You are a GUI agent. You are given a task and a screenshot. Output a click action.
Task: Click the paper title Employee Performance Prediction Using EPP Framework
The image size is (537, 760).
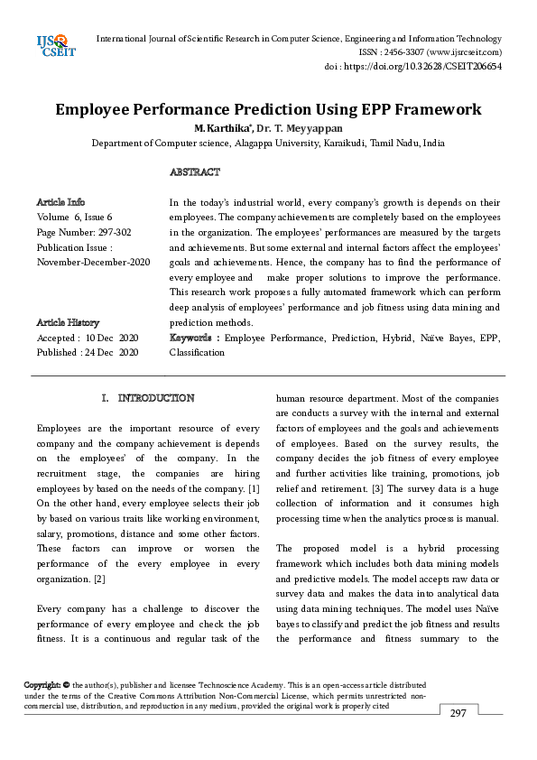click(x=268, y=110)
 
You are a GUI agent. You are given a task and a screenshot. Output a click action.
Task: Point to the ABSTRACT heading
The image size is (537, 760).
click(x=194, y=171)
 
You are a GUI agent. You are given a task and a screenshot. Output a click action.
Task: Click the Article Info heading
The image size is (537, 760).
click(x=60, y=202)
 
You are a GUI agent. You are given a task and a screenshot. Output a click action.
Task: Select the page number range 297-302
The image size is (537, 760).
click(x=115, y=232)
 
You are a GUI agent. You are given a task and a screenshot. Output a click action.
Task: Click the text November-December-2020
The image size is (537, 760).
click(x=93, y=262)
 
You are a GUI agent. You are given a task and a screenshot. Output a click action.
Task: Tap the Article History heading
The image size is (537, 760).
click(x=68, y=322)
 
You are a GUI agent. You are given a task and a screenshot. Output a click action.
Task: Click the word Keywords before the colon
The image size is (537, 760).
click(x=192, y=338)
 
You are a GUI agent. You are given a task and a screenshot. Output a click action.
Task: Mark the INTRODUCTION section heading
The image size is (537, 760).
click(x=155, y=398)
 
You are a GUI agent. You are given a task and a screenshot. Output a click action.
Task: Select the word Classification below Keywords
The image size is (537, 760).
click(x=197, y=352)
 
